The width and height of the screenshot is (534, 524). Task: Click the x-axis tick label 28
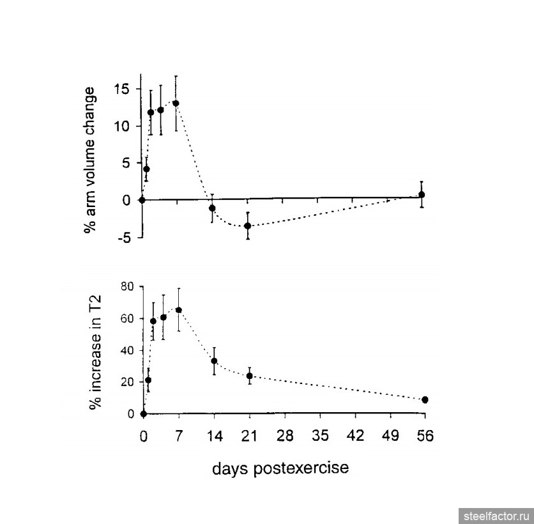tap(285, 436)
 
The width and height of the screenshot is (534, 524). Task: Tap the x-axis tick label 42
tap(355, 436)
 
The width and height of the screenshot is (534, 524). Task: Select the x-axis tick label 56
tap(425, 436)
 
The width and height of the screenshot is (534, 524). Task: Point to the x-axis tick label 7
tap(179, 436)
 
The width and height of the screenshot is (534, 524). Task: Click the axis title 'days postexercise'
tap(280, 468)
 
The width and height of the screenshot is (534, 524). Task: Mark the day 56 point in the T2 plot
tap(425, 399)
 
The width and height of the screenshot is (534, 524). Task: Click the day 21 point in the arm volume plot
tap(247, 226)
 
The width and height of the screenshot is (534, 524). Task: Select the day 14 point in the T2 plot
tap(214, 361)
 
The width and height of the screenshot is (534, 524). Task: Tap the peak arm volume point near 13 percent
tap(176, 103)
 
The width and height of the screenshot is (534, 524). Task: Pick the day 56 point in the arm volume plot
tap(422, 194)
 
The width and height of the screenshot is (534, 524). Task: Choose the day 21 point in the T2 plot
tap(250, 376)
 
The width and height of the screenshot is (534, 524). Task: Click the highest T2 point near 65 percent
tap(178, 310)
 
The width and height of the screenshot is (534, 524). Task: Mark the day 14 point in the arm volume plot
tap(212, 208)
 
